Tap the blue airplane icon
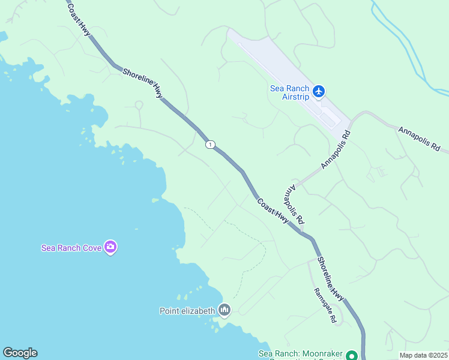coord(318,91)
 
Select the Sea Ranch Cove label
coord(71,247)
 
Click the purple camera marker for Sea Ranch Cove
coord(110,246)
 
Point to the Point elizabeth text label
coord(187,311)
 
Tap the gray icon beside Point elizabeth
coord(224,310)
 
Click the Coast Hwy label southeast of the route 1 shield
coord(273,212)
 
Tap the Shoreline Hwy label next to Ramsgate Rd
coord(331,279)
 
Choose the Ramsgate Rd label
coord(325,305)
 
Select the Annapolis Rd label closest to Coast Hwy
coord(294,205)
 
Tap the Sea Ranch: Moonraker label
coord(300,354)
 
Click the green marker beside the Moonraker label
coord(352,355)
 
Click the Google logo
coord(20,353)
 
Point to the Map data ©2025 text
coord(424,355)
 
